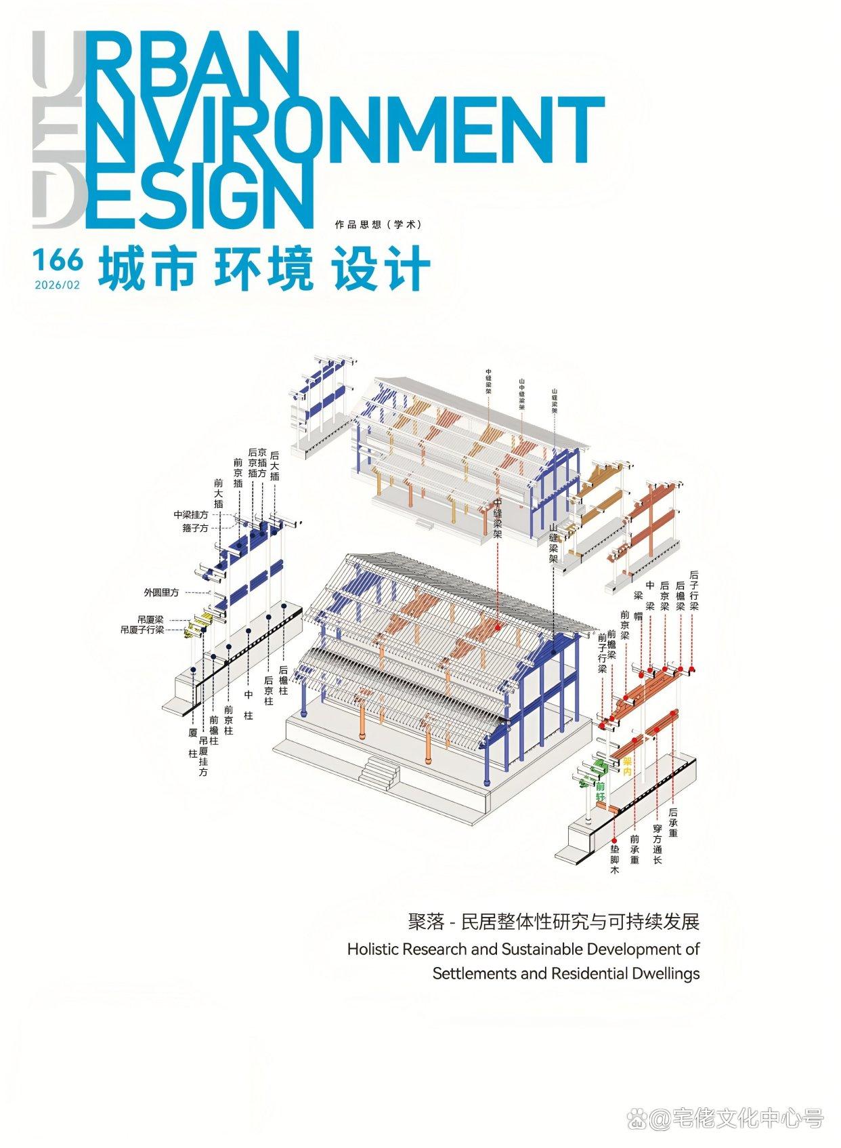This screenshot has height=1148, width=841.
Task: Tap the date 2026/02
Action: point(57,285)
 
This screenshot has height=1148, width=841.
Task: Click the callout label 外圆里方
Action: point(161,592)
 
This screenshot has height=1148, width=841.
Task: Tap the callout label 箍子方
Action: point(194,528)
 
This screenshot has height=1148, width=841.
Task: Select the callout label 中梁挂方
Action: point(190,515)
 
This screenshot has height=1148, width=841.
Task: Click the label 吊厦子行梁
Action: point(142,630)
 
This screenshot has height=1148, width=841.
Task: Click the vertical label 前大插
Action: point(218,493)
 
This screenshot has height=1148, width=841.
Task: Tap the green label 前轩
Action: point(600,792)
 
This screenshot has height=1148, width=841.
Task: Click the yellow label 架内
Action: point(627,767)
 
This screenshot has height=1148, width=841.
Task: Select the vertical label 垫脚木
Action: point(614,859)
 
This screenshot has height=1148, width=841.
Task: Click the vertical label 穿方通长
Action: point(656,844)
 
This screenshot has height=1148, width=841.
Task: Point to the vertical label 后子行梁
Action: point(693,591)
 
